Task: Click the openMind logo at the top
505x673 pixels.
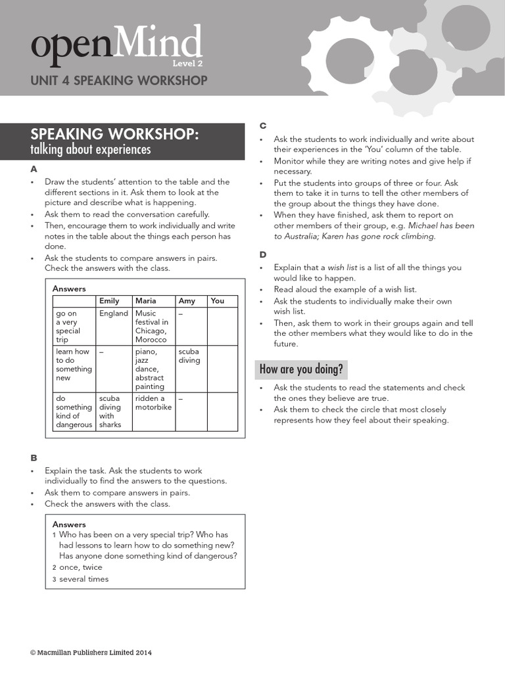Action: [116, 45]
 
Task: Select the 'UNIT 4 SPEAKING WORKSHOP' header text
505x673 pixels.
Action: [119, 81]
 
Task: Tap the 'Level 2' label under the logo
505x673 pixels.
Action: [188, 64]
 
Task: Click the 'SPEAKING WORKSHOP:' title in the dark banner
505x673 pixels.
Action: [114, 134]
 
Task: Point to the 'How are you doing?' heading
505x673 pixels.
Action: [301, 369]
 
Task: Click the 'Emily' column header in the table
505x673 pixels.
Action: [109, 301]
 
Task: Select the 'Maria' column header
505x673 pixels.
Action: [146, 301]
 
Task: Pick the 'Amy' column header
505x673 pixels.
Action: [187, 301]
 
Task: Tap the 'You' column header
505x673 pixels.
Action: [217, 301]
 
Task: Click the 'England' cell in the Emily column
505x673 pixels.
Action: [114, 313]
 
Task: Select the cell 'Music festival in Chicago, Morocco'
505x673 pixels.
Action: [152, 327]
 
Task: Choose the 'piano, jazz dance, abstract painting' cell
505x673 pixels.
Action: [150, 369]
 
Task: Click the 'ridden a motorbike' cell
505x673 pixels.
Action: [153, 403]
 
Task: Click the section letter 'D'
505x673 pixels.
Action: [263, 254]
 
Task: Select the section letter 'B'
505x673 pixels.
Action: [34, 457]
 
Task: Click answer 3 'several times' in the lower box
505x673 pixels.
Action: [84, 579]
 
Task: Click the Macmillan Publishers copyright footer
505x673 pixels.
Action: [91, 653]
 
